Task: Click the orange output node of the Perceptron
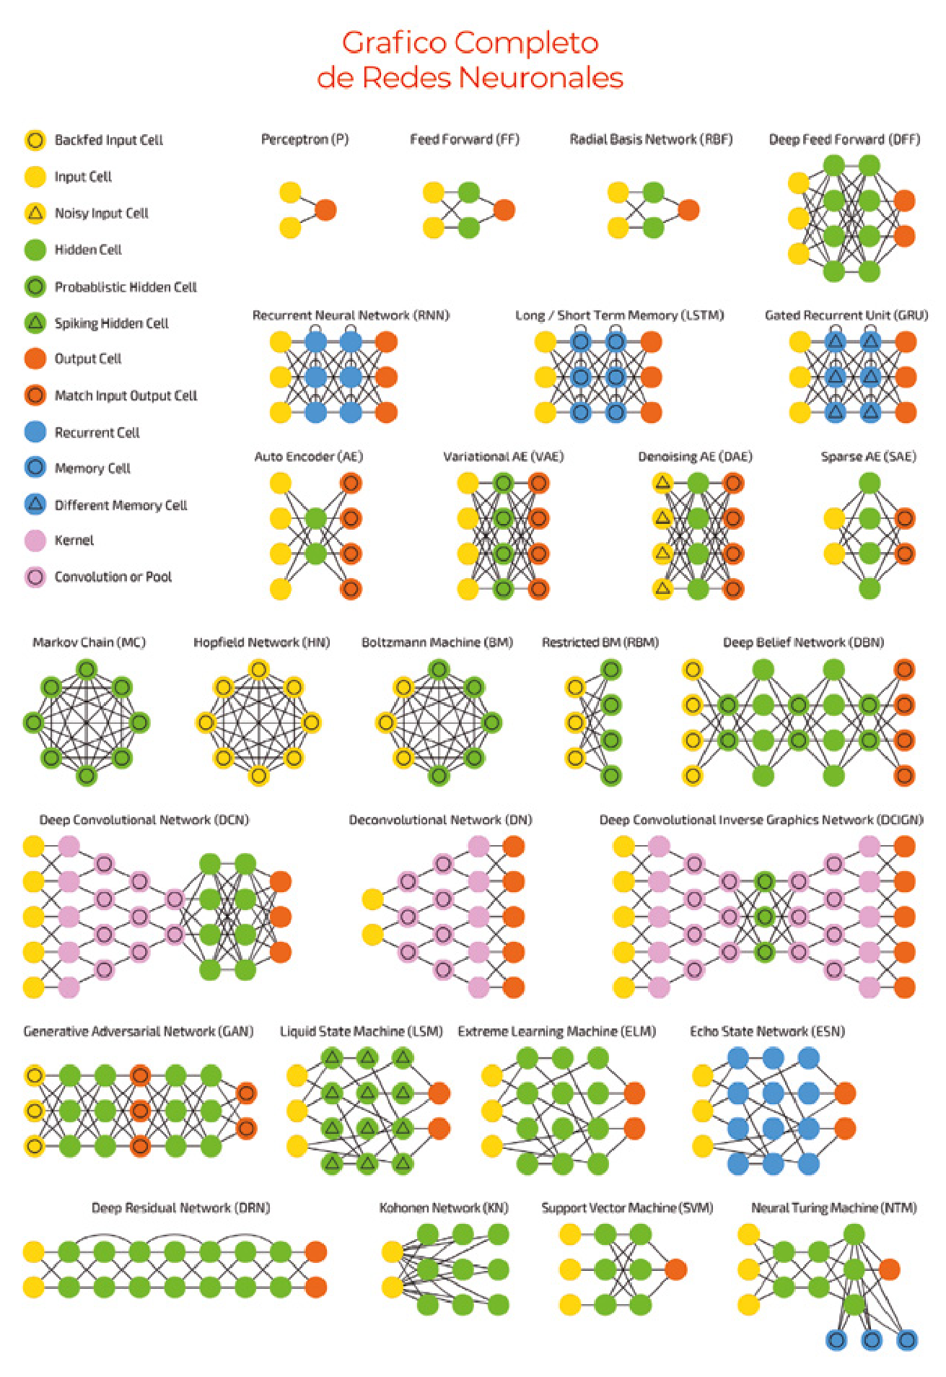pos(325,210)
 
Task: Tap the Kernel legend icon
pos(35,541)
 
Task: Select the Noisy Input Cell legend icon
pos(35,213)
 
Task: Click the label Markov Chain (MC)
pos(89,642)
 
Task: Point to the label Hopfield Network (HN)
pos(261,642)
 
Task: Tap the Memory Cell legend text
pos(92,468)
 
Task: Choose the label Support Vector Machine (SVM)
pos(627,1207)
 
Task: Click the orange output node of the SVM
pos(675,1269)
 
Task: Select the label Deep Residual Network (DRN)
pos(180,1207)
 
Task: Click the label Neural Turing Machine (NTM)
pos(833,1207)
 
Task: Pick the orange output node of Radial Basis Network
pos(688,210)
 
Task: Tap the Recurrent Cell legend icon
pos(35,432)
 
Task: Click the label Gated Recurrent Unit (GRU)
pos(846,315)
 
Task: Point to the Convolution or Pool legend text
pos(113,577)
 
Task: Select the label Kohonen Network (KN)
pos(444,1207)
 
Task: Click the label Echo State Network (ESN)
pos(767,1031)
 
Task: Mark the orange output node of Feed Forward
pos(504,210)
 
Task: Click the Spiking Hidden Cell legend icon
pos(35,323)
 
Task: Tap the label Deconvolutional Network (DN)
pos(440,820)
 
